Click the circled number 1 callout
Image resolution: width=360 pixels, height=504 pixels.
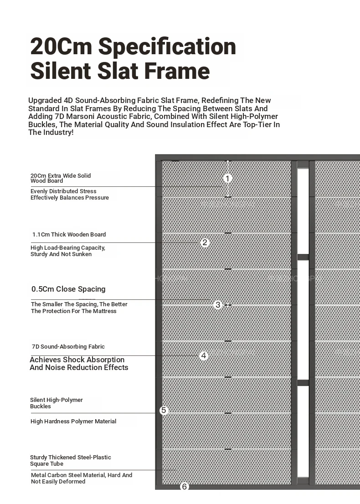pos(228,179)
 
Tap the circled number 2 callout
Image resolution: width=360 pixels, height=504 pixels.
pos(205,242)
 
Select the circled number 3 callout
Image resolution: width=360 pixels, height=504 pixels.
pos(217,305)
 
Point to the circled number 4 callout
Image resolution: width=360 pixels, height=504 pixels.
pos(204,355)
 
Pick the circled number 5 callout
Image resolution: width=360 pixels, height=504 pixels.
pos(164,411)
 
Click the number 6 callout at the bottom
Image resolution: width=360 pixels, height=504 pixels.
pos(184,487)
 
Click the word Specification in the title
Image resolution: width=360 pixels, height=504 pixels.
pos(167,47)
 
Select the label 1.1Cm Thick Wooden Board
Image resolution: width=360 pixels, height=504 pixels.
pos(69,235)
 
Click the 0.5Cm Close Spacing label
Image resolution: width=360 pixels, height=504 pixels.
pos(68,289)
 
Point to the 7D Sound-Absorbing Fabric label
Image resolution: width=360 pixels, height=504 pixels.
pos(68,347)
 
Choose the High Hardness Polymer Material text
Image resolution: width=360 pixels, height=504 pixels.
pos(73,422)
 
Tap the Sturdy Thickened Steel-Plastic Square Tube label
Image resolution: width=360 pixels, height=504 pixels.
pos(70,460)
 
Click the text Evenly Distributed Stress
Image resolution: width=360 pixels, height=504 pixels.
pos(63,191)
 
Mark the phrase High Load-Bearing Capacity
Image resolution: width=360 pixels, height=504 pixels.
pos(68,248)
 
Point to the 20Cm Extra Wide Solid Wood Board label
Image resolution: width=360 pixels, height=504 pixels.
pos(61,178)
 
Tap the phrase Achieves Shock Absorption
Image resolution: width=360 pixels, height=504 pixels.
pos(77,360)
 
